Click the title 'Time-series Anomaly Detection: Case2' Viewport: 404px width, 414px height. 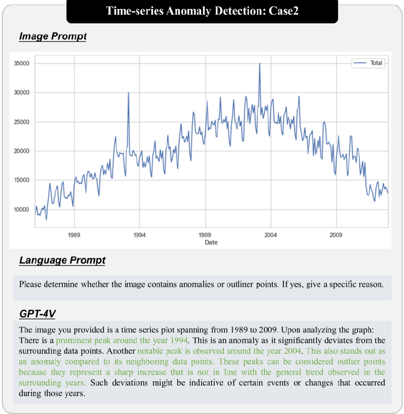(202, 11)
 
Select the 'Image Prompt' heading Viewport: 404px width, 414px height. (53, 36)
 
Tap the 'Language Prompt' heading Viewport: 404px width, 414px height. (62, 260)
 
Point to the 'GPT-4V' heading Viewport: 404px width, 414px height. (37, 314)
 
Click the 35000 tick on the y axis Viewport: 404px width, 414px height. (22, 64)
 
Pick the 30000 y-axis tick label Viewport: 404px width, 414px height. (22, 93)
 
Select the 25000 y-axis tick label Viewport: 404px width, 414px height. (22, 122)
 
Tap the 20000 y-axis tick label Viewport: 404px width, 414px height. (22, 151)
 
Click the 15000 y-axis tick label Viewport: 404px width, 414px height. (22, 180)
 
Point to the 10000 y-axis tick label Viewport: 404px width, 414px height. (22, 209)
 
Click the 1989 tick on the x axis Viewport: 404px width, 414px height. (74, 235)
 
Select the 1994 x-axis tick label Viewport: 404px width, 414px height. (140, 235)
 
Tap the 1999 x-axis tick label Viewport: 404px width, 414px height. (205, 235)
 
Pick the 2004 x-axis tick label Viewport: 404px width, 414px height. (271, 235)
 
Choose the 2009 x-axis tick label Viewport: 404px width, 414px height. (336, 235)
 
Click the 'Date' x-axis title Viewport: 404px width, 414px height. (211, 243)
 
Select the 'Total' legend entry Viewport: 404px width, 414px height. (376, 63)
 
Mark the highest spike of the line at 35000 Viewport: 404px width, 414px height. (260, 64)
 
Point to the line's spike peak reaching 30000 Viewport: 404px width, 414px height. (128, 93)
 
